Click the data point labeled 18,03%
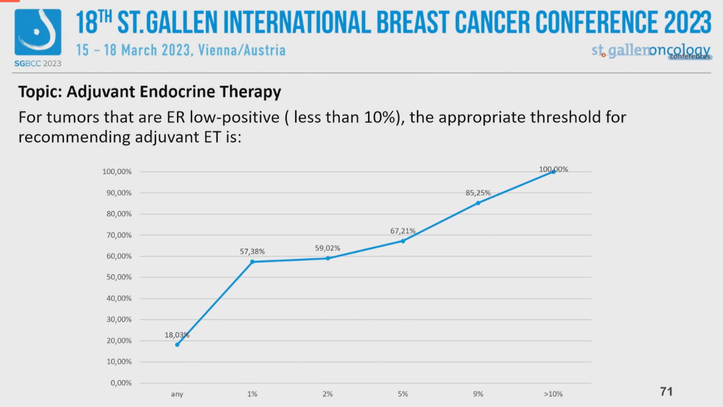click(x=177, y=344)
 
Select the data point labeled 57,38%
click(x=252, y=262)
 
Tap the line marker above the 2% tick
click(x=328, y=258)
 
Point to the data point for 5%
click(x=403, y=241)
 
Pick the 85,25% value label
click(x=478, y=193)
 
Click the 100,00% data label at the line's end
click(x=553, y=170)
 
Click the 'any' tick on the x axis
click(x=177, y=394)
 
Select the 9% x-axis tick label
click(x=478, y=394)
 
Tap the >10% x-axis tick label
click(x=553, y=394)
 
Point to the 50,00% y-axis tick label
click(x=117, y=277)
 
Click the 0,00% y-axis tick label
click(x=119, y=383)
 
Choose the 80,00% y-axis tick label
click(x=117, y=214)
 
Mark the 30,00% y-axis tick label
click(x=117, y=320)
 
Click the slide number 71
click(x=666, y=392)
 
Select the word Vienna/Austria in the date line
click(x=242, y=50)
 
